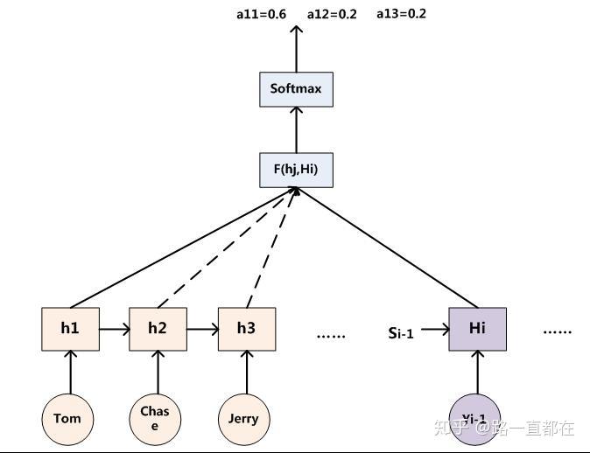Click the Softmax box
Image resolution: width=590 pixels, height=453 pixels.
(296, 89)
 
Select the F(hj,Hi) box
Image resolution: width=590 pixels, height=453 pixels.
(296, 169)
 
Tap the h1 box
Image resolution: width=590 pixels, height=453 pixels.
(70, 329)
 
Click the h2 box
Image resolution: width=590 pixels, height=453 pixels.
(158, 329)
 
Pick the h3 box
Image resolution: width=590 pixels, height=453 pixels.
(247, 329)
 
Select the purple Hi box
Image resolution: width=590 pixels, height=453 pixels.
(477, 329)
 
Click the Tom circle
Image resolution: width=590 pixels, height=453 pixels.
(67, 418)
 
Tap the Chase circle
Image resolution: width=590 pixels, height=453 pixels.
(156, 418)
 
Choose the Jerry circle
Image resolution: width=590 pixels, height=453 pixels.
(243, 418)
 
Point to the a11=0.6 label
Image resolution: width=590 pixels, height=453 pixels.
(261, 14)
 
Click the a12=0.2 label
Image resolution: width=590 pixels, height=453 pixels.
(332, 14)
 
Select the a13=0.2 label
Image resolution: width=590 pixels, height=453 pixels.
(401, 14)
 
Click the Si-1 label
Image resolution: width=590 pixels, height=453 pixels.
(401, 332)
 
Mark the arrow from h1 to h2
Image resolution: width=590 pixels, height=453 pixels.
(114, 330)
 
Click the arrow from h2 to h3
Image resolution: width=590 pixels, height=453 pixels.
(202, 330)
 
